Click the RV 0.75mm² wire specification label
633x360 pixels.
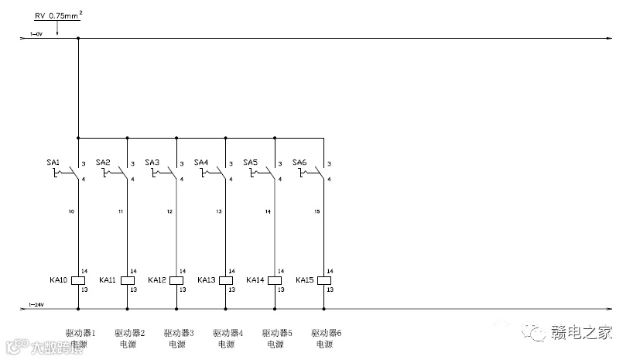(x=58, y=15)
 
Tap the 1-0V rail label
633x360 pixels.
(x=36, y=34)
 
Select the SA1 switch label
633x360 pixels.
(x=53, y=162)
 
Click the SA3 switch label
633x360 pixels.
(x=152, y=162)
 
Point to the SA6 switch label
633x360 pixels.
(x=299, y=162)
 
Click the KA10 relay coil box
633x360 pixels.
(x=78, y=280)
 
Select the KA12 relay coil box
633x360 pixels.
(x=176, y=280)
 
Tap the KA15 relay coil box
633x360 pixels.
(x=324, y=280)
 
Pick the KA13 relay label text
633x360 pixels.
(x=207, y=280)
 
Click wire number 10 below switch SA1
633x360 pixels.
(x=71, y=211)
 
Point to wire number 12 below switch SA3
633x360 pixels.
(x=169, y=211)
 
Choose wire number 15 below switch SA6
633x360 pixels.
(x=316, y=211)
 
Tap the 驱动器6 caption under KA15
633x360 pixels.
(x=326, y=333)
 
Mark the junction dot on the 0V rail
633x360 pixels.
(x=78, y=38)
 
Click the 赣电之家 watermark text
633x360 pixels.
(x=581, y=333)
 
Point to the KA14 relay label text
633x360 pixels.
(x=256, y=280)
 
